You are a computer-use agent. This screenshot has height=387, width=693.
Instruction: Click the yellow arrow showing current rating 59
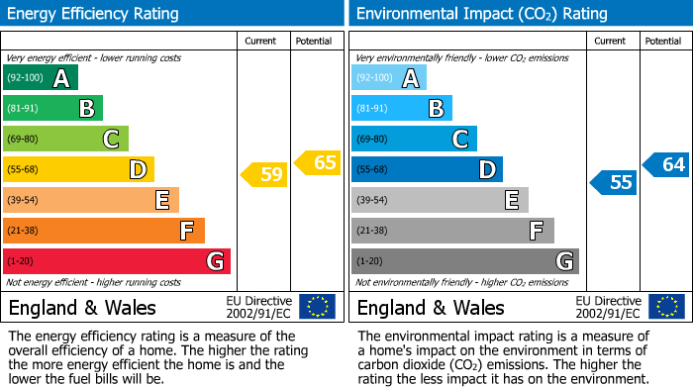(264, 175)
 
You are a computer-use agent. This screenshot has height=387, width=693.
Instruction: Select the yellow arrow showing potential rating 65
(318, 162)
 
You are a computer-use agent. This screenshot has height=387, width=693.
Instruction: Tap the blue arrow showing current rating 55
(614, 182)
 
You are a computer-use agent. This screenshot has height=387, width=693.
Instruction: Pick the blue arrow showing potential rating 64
(666, 164)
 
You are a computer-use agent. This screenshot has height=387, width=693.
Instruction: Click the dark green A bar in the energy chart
(40, 77)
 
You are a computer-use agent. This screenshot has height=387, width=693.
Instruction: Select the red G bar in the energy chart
(117, 261)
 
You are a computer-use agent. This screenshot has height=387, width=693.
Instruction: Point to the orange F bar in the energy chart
(104, 231)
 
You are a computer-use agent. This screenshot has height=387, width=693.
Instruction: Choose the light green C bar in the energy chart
(65, 139)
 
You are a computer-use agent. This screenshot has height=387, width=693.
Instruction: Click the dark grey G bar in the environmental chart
(464, 261)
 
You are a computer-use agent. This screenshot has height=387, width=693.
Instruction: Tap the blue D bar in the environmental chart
(427, 169)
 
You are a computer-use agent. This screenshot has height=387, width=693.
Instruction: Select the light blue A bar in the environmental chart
(388, 77)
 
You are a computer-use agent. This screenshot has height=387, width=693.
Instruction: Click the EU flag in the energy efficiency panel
(318, 306)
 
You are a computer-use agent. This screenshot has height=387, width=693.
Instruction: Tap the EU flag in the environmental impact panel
(667, 306)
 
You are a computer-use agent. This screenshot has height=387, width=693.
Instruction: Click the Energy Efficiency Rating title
(94, 14)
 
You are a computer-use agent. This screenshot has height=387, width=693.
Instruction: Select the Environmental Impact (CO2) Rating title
(481, 14)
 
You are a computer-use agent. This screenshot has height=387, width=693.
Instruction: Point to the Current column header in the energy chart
(262, 41)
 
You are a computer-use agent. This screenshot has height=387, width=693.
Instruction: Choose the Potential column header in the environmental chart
(662, 41)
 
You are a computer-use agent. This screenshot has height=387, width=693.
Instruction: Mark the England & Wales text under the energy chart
(82, 307)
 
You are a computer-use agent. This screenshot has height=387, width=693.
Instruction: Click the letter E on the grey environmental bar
(511, 200)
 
